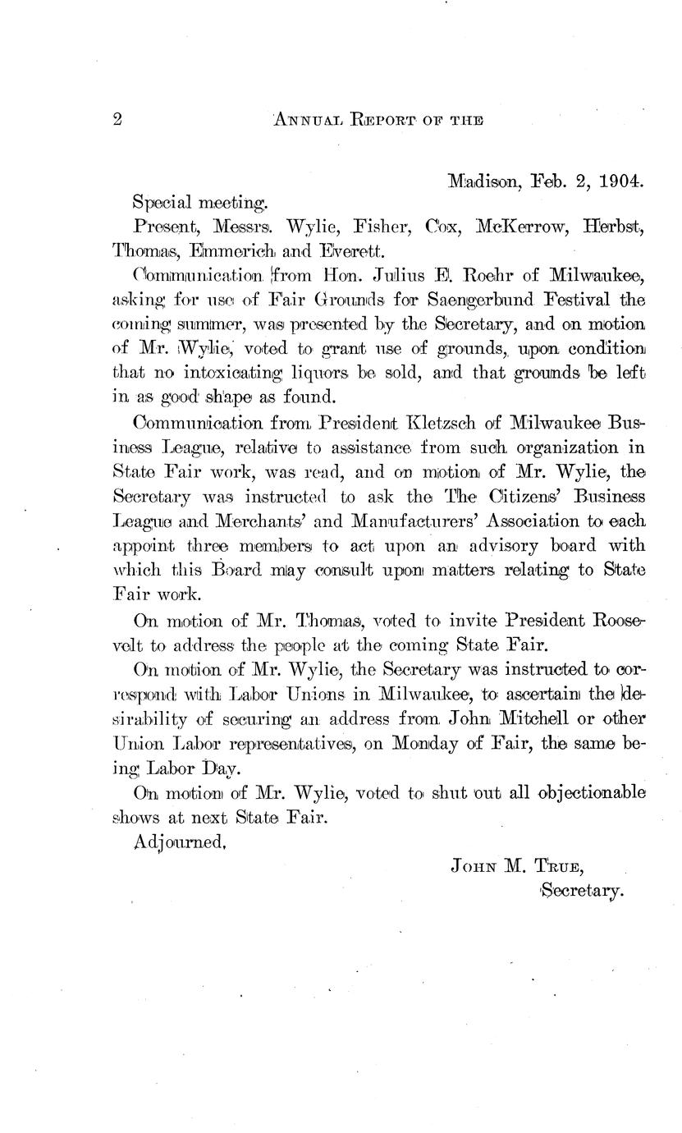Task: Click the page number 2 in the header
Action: [x=117, y=120]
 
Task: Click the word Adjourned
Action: [x=179, y=842]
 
